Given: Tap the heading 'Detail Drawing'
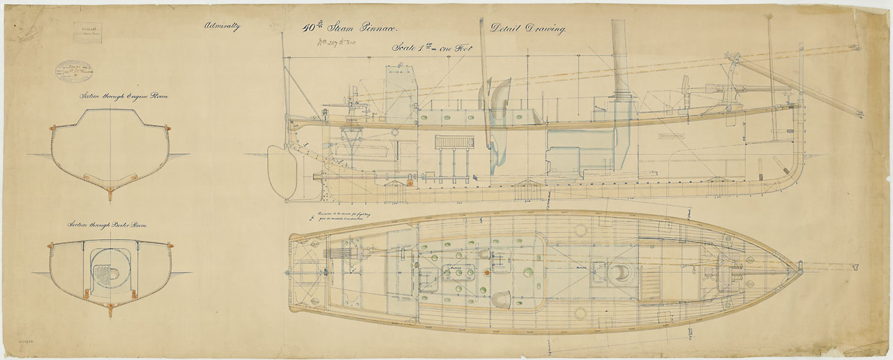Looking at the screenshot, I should coord(528,29).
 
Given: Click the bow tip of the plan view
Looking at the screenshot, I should coord(798,268).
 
